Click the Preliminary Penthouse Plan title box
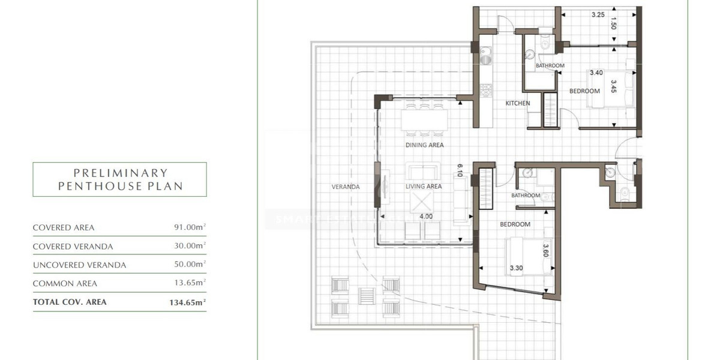[x=119, y=179]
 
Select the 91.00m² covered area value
[x=188, y=227]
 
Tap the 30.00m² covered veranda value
[x=188, y=246]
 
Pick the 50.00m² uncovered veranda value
[x=188, y=265]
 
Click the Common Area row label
[x=65, y=283]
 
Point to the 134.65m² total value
[x=187, y=302]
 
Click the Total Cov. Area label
[x=70, y=302]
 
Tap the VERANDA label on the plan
[x=346, y=187]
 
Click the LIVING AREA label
[x=424, y=187]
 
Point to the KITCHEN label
[x=517, y=103]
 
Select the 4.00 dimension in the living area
[x=427, y=216]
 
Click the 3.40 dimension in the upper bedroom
[x=596, y=73]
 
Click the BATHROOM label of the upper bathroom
[x=550, y=65]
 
